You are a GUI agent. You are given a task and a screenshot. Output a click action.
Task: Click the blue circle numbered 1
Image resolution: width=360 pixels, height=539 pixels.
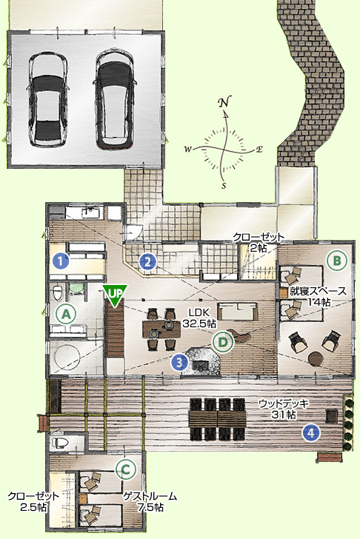(61, 261)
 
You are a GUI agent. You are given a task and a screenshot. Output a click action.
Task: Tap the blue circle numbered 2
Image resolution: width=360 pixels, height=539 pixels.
(148, 262)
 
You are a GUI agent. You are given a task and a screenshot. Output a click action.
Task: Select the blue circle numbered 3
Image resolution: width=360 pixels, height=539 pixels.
(180, 361)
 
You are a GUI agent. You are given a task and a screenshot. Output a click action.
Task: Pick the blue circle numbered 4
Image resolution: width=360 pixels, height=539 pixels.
(311, 432)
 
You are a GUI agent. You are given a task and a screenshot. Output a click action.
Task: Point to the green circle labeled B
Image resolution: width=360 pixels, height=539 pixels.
(337, 261)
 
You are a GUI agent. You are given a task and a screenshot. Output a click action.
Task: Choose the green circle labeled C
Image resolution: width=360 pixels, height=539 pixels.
(126, 469)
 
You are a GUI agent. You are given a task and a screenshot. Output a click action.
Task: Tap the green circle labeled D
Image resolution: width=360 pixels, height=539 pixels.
(223, 342)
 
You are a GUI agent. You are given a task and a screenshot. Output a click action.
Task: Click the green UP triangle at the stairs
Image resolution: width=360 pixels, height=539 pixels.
(116, 295)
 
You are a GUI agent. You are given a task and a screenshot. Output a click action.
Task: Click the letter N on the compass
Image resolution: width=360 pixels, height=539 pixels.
(225, 102)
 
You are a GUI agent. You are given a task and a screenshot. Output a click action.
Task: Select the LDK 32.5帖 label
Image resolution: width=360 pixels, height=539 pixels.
(199, 318)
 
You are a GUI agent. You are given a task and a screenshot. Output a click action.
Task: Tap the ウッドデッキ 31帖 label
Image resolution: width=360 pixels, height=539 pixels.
(284, 409)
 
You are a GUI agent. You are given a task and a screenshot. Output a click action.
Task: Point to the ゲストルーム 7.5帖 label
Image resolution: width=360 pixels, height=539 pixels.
(150, 501)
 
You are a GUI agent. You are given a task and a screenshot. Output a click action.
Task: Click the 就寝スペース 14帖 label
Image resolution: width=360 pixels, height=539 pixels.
(319, 296)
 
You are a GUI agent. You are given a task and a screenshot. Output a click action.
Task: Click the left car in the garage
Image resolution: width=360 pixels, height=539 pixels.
(48, 100)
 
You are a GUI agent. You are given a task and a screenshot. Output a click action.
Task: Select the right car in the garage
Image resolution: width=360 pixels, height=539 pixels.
(115, 100)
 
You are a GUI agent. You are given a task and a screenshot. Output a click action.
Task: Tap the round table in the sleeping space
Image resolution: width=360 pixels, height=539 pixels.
(316, 359)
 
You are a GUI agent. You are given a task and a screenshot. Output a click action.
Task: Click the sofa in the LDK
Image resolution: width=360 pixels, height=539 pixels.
(238, 312)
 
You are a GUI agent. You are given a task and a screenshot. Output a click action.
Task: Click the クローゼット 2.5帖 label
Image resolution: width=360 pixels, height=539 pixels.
(33, 501)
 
